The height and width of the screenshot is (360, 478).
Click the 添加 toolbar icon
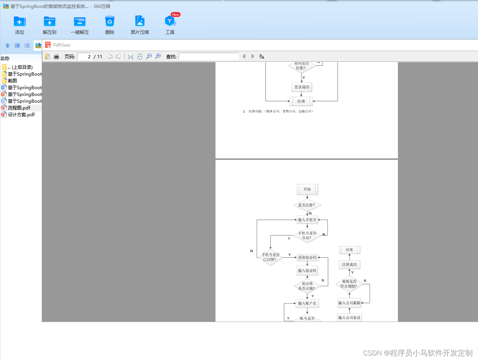coord(20,21)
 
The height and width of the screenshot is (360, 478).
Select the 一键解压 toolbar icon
coord(80,21)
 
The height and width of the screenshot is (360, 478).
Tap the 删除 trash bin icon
coord(110,21)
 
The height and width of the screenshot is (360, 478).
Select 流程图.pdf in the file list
coord(19,108)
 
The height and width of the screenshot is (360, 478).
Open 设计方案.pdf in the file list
coord(21,115)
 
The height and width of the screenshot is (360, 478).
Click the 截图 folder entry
coord(12,81)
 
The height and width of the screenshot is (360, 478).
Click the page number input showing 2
coord(85,57)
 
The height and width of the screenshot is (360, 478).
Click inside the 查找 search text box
coord(209,57)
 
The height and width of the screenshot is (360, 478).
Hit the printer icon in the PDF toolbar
coord(56,57)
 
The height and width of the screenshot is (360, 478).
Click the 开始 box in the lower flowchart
coord(307,190)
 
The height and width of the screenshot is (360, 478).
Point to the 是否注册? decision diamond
coord(307,205)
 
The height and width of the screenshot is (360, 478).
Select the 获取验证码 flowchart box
coord(307,258)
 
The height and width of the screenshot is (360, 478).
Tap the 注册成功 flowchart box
coord(349,265)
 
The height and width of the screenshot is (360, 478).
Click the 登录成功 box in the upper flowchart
coord(302,87)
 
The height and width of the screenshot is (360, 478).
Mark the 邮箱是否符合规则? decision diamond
coord(349,284)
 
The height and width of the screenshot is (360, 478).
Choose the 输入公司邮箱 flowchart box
coord(349,303)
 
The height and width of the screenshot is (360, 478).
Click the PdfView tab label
coord(61,45)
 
